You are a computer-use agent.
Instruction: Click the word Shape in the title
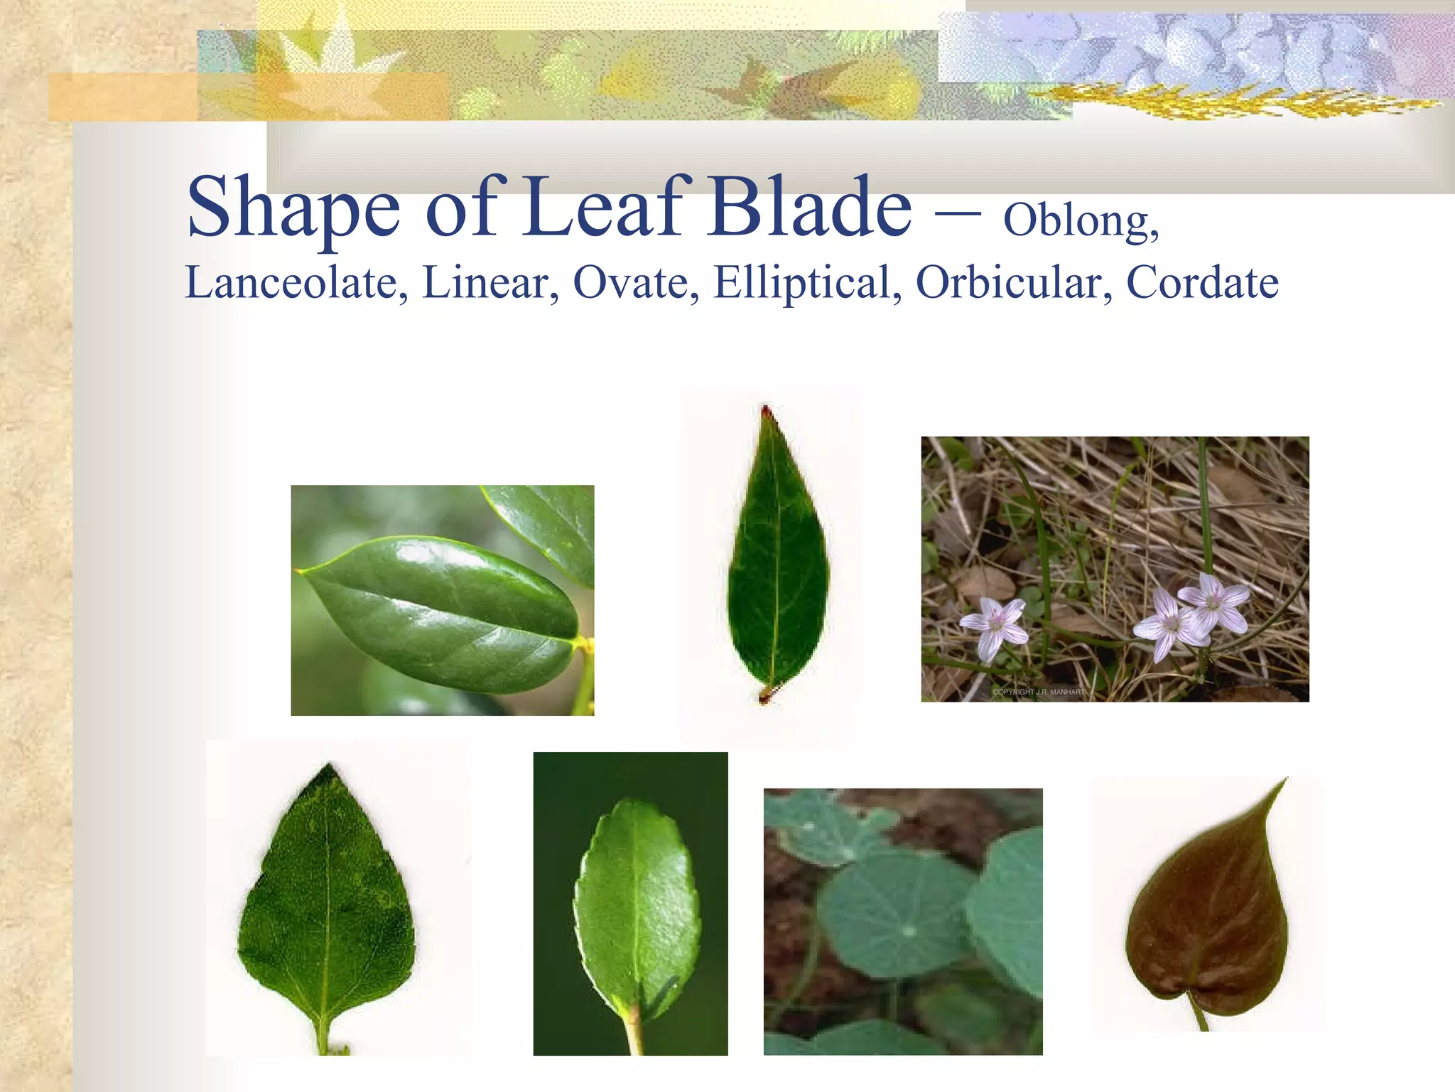click(x=293, y=208)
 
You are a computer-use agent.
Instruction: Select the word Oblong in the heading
click(x=1080, y=220)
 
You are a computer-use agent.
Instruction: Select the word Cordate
click(x=1202, y=283)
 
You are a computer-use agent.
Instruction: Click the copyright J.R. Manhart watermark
click(x=1039, y=692)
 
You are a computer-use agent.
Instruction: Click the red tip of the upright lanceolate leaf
click(x=766, y=412)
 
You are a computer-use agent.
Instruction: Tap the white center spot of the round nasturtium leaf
click(x=908, y=931)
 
